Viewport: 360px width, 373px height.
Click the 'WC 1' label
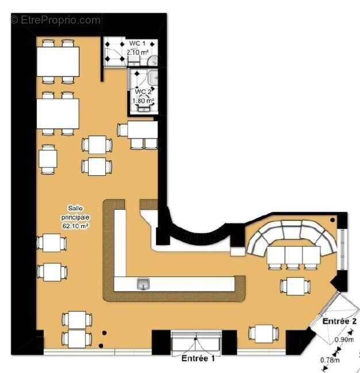(x=137, y=44)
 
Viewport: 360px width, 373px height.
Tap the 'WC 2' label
(x=143, y=92)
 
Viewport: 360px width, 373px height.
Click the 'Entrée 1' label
(x=198, y=359)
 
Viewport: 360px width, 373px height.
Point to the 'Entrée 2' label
(x=340, y=320)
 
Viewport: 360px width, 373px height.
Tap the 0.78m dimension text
(x=329, y=360)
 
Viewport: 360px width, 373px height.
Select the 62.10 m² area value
(x=75, y=226)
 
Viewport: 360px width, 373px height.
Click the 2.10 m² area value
(x=137, y=52)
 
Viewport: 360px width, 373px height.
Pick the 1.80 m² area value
(x=143, y=101)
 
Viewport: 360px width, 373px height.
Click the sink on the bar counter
(x=143, y=283)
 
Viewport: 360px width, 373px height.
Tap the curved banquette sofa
(x=293, y=233)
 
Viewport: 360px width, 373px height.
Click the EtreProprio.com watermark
(x=55, y=20)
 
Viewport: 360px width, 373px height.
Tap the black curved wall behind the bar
(x=195, y=233)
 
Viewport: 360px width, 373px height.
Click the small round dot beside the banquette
(x=333, y=221)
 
